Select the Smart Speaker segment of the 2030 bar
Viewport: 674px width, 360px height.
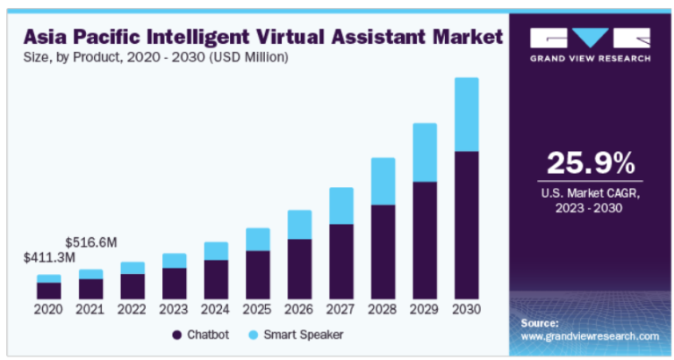coord(466,114)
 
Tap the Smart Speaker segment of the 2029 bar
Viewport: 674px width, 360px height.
coord(425,152)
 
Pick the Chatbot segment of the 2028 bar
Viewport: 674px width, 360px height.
coord(383,251)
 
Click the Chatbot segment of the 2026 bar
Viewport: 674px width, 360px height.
coord(299,269)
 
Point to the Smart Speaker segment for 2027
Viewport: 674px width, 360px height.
coord(341,205)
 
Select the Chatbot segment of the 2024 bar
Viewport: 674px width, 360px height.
coord(216,279)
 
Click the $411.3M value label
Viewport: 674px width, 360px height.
coord(48,258)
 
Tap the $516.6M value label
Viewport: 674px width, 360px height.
coord(90,240)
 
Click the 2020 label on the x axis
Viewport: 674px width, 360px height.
coord(48,309)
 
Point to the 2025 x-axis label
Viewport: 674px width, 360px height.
coord(257,309)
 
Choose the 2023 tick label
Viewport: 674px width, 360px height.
coord(174,309)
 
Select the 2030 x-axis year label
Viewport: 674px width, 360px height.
coord(466,309)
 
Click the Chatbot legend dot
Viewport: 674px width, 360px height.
coord(177,335)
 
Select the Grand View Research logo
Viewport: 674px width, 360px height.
coord(590,44)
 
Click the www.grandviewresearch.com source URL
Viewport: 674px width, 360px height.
coord(590,336)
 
